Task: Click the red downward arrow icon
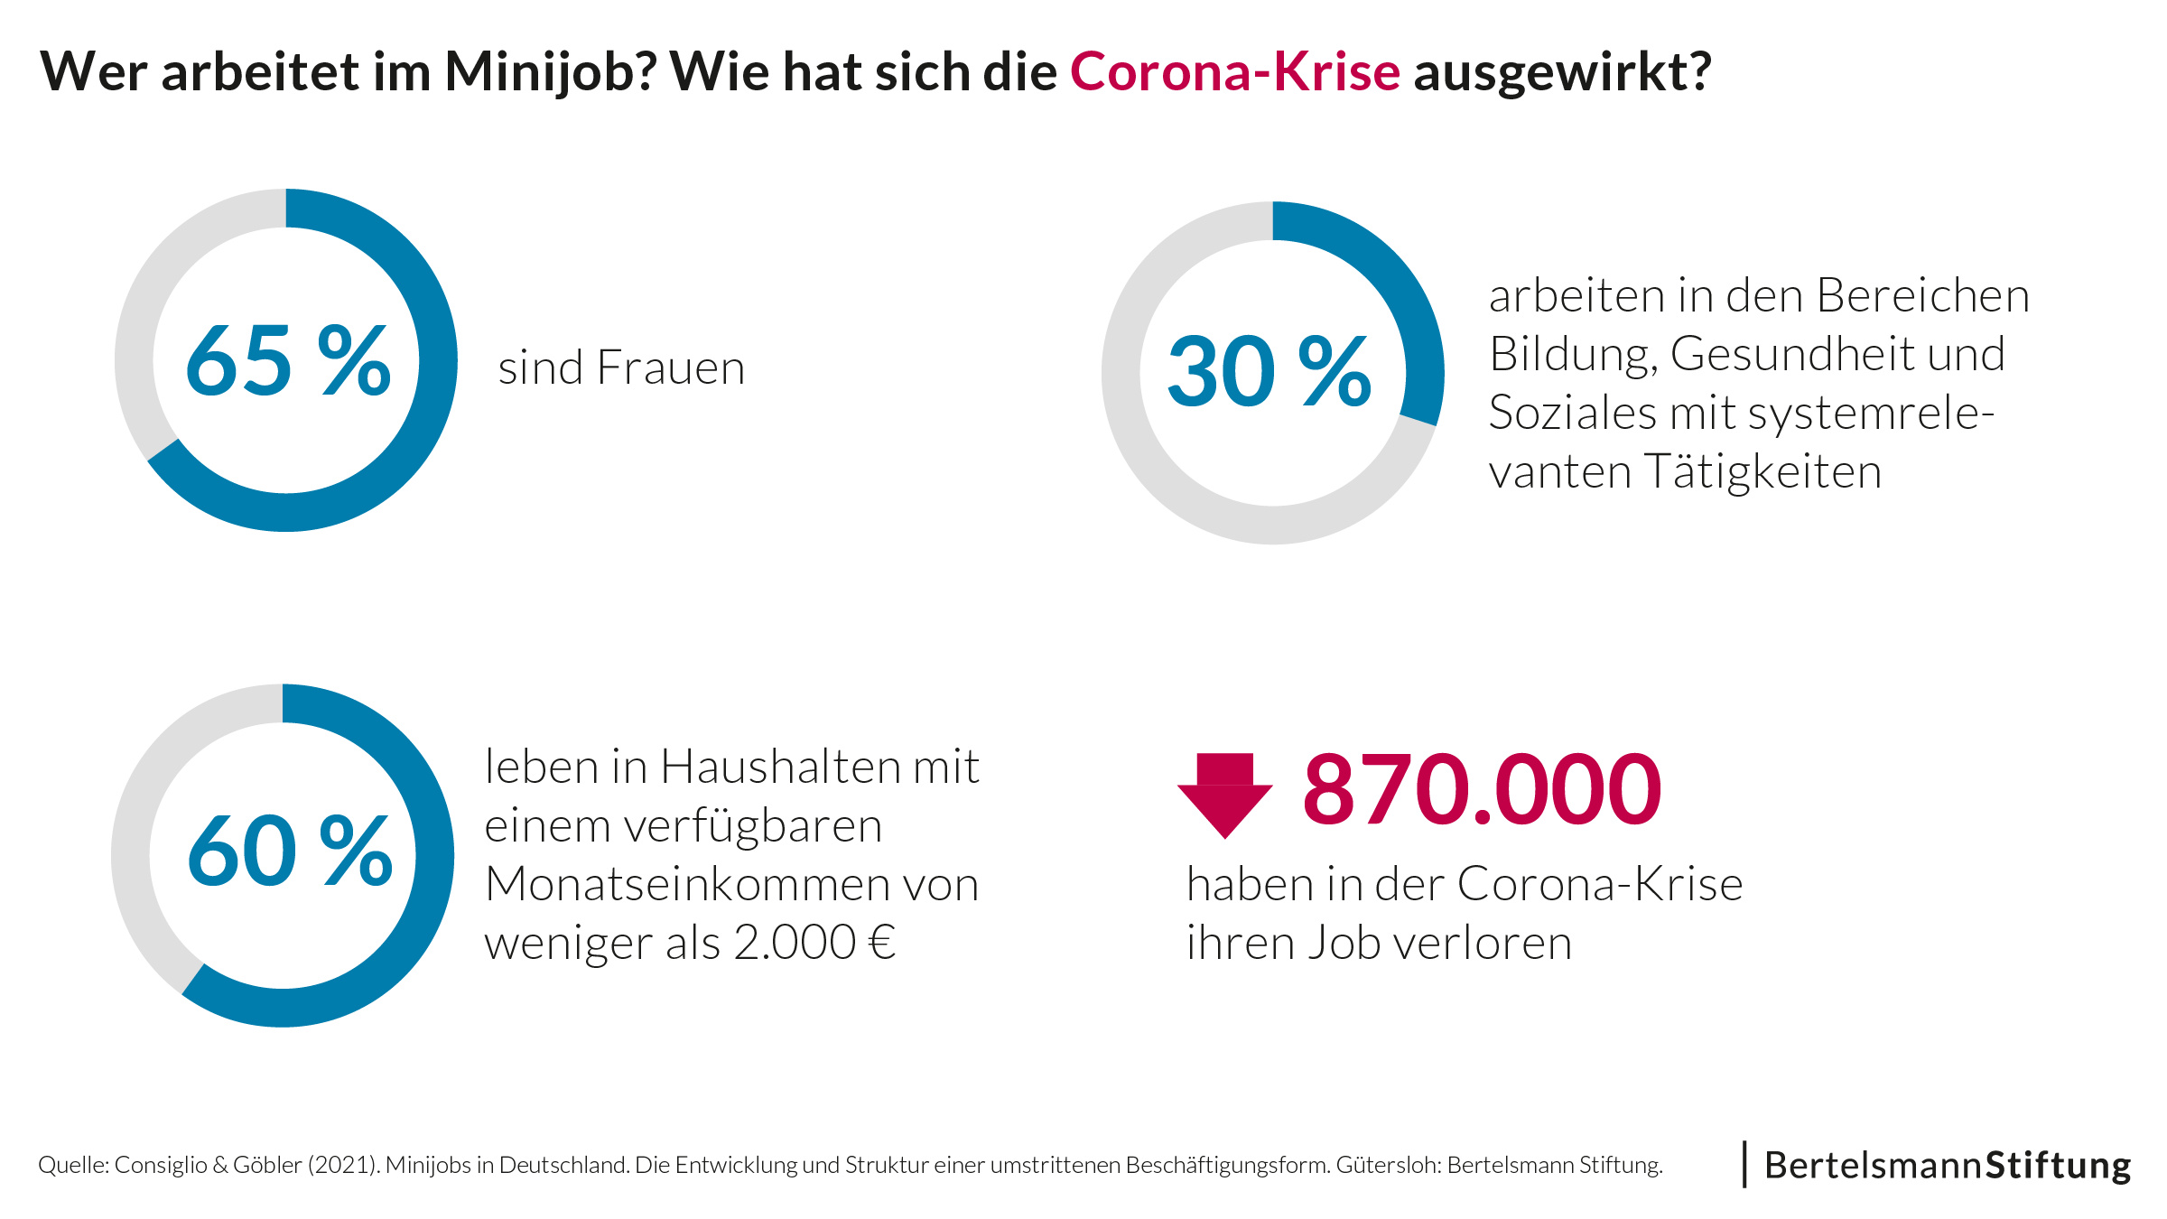pos(1224,794)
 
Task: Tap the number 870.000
pos(1481,791)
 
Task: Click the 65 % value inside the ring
pos(288,362)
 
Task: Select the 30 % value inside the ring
pos(1269,371)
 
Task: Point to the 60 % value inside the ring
pos(290,851)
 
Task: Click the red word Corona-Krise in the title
pos(1234,71)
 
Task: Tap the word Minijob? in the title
pos(550,73)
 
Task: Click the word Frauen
pos(670,368)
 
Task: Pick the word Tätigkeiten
pos(1762,472)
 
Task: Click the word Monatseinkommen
pos(731,884)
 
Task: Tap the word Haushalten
pos(780,768)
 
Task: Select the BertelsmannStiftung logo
pos(1947,1165)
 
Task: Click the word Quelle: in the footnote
pos(73,1166)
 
